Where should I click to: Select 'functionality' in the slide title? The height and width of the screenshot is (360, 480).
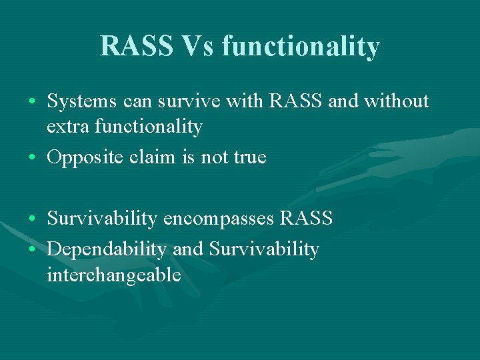pos(301,46)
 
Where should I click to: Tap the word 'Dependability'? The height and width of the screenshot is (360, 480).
pos(107,249)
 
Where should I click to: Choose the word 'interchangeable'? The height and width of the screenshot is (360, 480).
pos(114,274)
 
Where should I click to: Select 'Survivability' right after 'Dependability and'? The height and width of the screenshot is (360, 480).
pos(264,249)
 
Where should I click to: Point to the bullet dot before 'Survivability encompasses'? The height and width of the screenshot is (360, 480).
pos(32,219)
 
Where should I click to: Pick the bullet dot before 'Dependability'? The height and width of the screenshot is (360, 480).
pos(32,250)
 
